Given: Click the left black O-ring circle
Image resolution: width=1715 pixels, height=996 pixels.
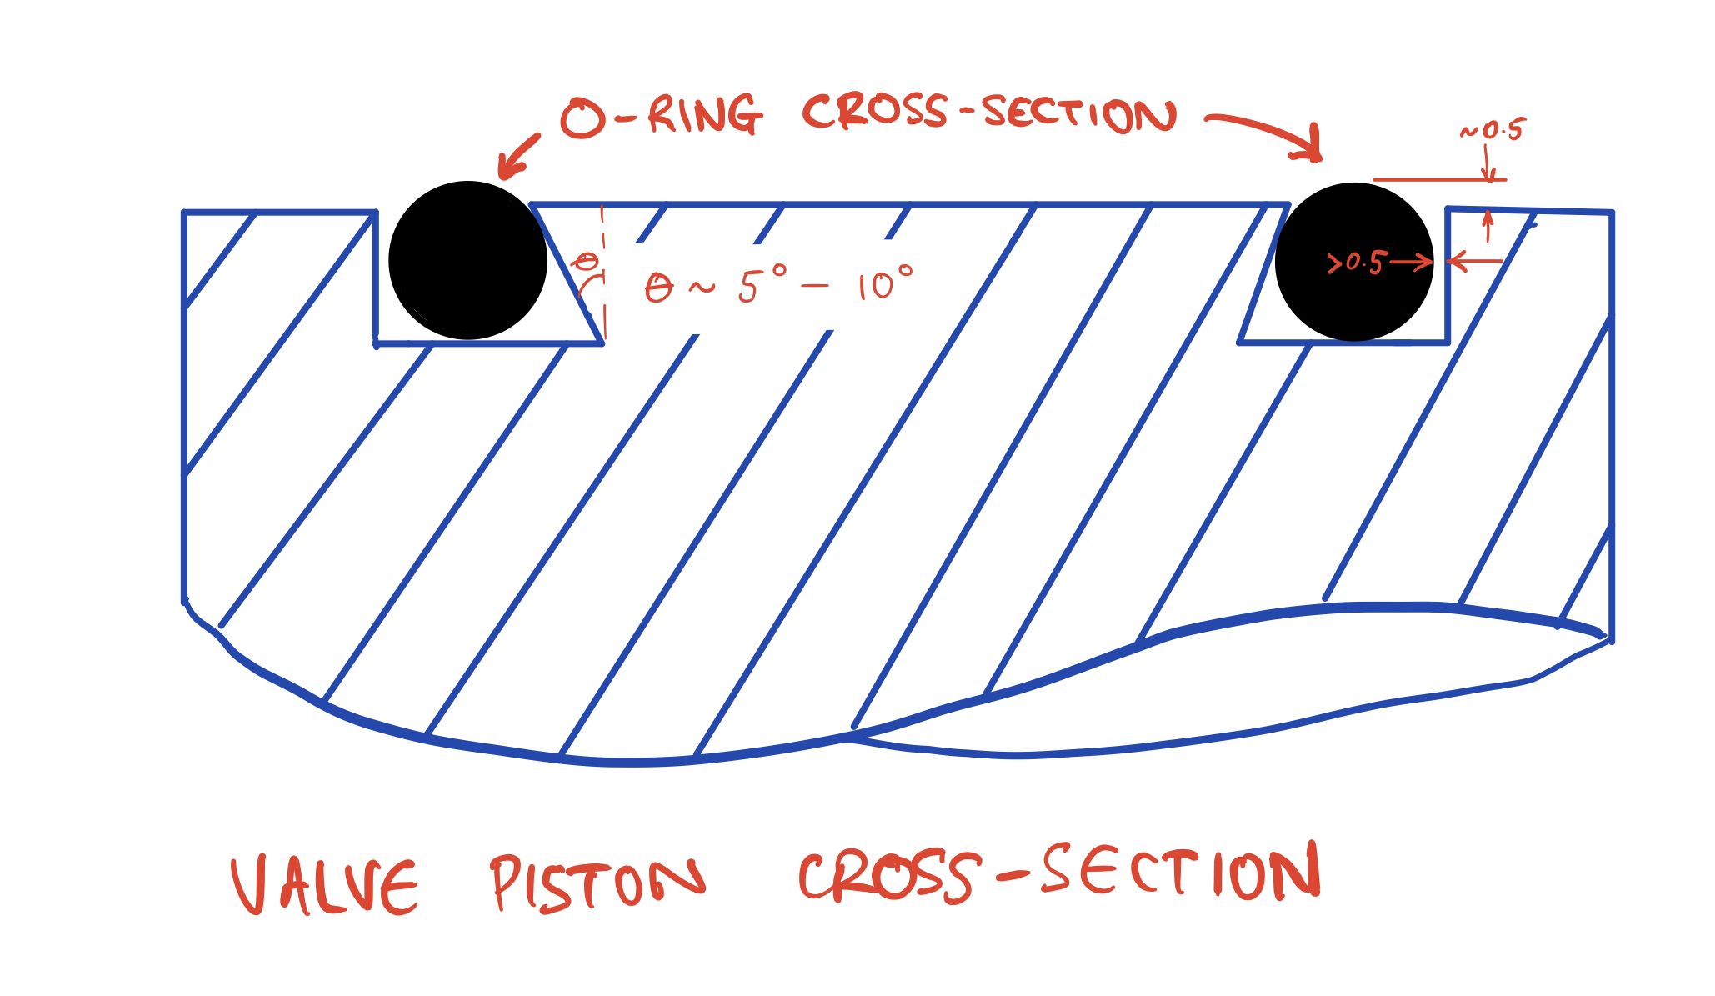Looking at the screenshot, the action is tap(467, 260).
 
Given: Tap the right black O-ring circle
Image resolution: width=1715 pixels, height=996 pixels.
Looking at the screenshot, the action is tap(1354, 262).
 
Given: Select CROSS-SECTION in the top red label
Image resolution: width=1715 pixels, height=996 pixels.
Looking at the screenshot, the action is tap(989, 115).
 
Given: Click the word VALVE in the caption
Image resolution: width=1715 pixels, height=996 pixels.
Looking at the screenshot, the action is tap(324, 885).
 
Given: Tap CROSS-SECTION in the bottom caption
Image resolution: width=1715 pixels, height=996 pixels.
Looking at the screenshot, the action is tap(1059, 873).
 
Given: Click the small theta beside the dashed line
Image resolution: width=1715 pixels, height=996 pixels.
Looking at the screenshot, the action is tap(587, 263).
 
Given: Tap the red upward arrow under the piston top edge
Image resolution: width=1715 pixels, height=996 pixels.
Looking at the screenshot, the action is tap(1489, 226).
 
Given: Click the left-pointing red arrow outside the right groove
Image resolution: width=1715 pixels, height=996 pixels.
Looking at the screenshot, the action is tap(1476, 262).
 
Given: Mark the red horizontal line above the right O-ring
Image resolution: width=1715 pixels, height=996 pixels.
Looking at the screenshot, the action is tap(1439, 179).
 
